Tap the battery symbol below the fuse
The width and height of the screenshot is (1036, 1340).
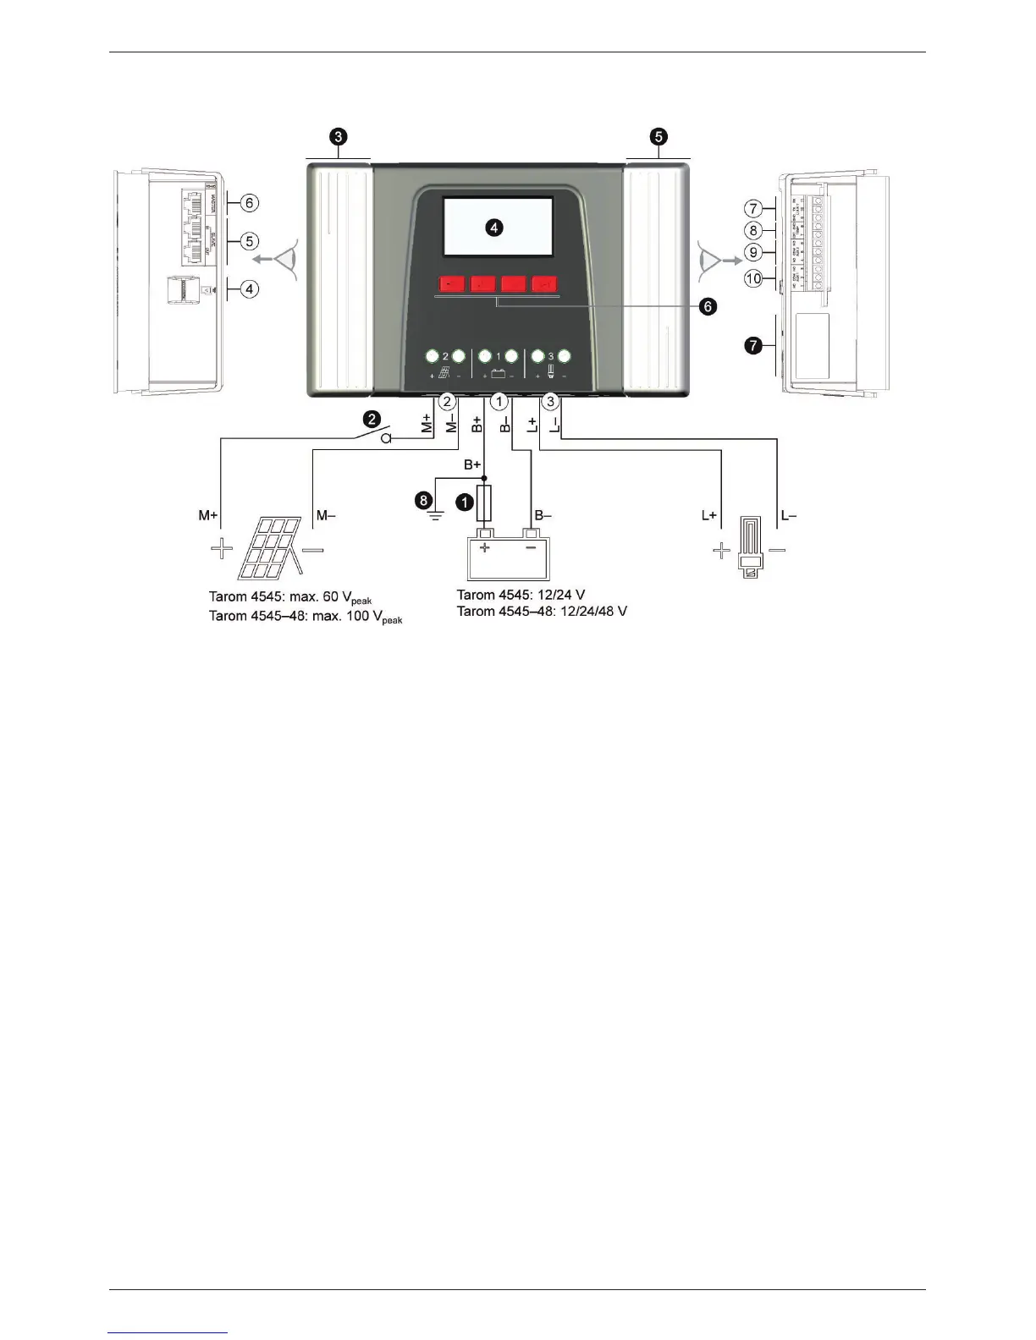click(508, 554)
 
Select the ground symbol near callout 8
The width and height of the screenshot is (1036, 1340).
click(437, 514)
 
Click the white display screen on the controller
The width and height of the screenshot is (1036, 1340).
click(499, 227)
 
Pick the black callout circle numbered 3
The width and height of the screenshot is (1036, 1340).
click(339, 136)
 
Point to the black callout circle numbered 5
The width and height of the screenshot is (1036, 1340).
click(659, 136)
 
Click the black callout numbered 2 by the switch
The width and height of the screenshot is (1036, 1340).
click(371, 418)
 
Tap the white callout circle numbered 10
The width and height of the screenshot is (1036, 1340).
click(753, 277)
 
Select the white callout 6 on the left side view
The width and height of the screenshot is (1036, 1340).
click(249, 203)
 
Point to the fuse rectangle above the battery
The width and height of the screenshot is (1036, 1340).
click(485, 504)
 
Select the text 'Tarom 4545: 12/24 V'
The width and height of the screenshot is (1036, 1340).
click(521, 595)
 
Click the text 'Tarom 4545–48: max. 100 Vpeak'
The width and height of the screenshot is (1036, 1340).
click(306, 617)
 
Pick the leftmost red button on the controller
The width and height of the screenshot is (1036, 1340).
click(452, 284)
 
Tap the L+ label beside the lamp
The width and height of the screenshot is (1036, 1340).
click(709, 515)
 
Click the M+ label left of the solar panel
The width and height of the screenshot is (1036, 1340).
click(207, 515)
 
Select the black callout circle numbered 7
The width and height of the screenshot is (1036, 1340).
click(752, 345)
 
